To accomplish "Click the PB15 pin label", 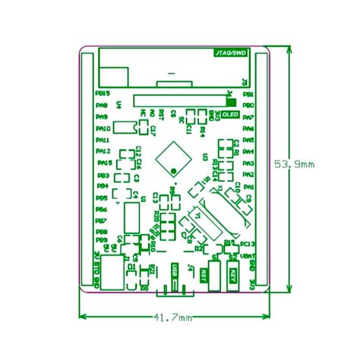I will click(x=103, y=93).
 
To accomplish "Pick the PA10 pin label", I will click(x=103, y=128).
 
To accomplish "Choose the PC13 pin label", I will click(x=248, y=243).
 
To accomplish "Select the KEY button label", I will click(x=233, y=277).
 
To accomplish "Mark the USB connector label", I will click(x=175, y=270).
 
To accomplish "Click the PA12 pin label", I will click(x=103, y=151).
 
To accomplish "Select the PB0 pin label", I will click(x=248, y=106).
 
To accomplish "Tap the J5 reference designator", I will click(x=244, y=81).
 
